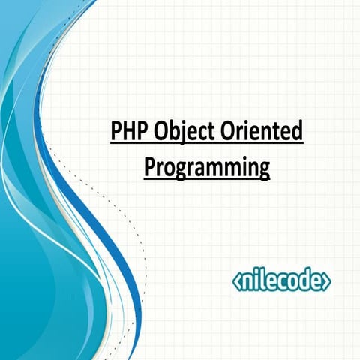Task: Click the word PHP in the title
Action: point(127,133)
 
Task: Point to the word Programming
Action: point(206,167)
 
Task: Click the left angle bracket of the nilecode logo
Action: point(237,281)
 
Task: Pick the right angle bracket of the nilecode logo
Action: point(328,281)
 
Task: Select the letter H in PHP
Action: point(127,133)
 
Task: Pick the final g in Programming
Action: point(262,169)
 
